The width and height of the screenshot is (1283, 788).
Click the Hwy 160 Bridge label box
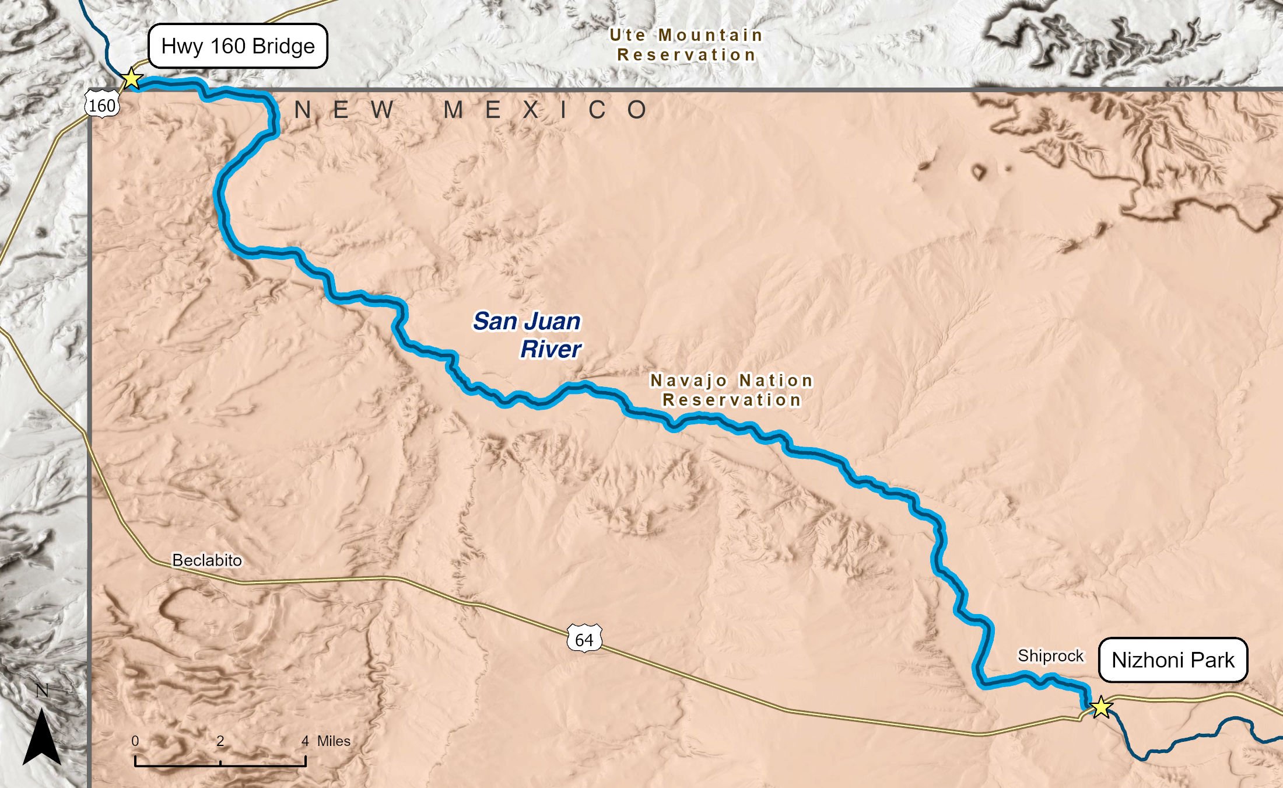click(238, 46)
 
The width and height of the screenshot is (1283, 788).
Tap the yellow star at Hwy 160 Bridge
click(132, 79)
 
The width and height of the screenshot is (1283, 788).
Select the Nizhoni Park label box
click(1173, 660)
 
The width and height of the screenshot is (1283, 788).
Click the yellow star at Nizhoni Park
click(1101, 707)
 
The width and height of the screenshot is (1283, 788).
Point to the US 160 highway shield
click(102, 105)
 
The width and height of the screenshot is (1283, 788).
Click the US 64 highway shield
click(584, 640)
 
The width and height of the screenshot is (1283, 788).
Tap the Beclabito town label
click(207, 560)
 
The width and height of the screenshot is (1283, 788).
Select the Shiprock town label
click(1050, 656)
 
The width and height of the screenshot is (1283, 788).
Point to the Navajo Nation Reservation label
click(732, 390)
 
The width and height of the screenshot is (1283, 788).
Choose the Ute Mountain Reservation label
click(686, 45)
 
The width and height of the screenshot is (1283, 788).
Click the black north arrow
click(41, 737)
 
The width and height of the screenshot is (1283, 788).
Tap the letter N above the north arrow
click(42, 691)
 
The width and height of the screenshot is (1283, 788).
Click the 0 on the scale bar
click(135, 741)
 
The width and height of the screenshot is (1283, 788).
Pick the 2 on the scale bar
click(220, 741)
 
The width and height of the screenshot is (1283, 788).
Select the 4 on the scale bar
click(305, 741)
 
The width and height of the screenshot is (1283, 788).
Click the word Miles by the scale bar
click(334, 741)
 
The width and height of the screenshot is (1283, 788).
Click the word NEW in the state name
click(344, 110)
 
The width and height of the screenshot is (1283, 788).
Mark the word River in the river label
click(551, 349)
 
